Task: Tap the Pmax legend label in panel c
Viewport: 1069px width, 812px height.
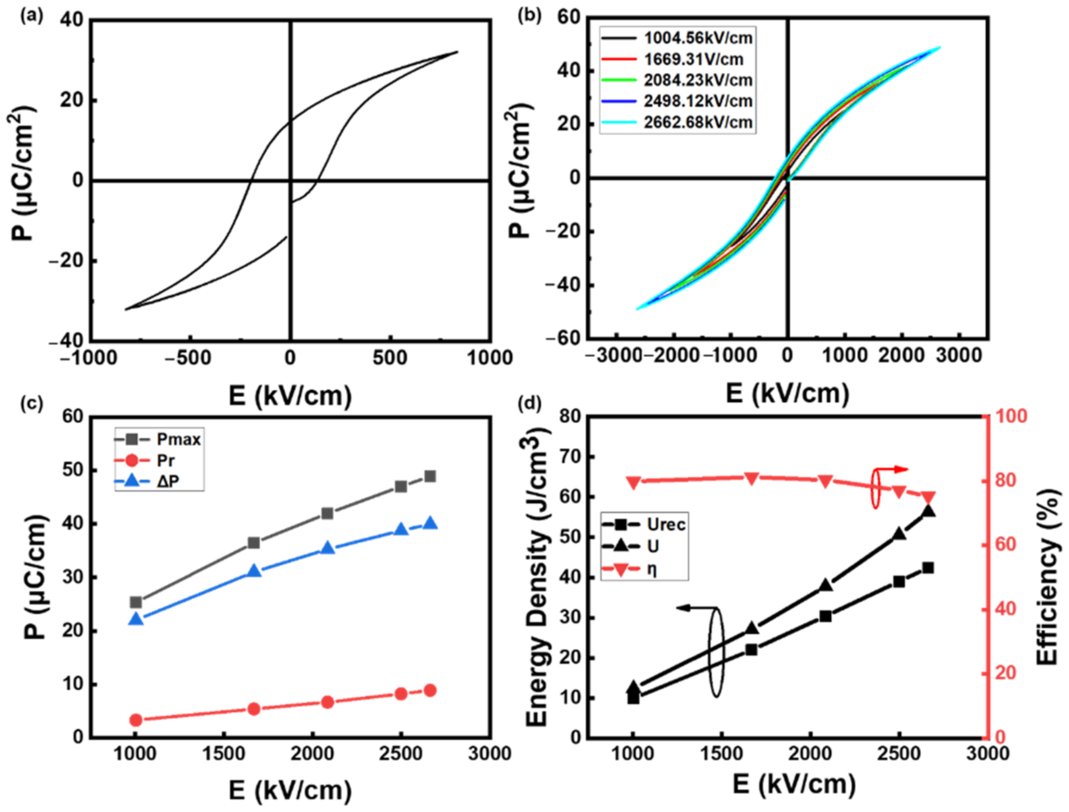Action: (178, 440)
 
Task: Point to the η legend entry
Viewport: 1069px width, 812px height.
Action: (652, 570)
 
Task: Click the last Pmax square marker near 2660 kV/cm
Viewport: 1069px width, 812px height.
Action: (430, 476)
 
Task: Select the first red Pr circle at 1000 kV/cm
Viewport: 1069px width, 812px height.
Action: (136, 720)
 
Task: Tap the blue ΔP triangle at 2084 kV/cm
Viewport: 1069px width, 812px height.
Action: (328, 548)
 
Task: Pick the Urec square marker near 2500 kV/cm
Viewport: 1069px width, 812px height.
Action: (899, 582)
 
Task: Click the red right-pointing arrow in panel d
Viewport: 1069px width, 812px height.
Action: (900, 469)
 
